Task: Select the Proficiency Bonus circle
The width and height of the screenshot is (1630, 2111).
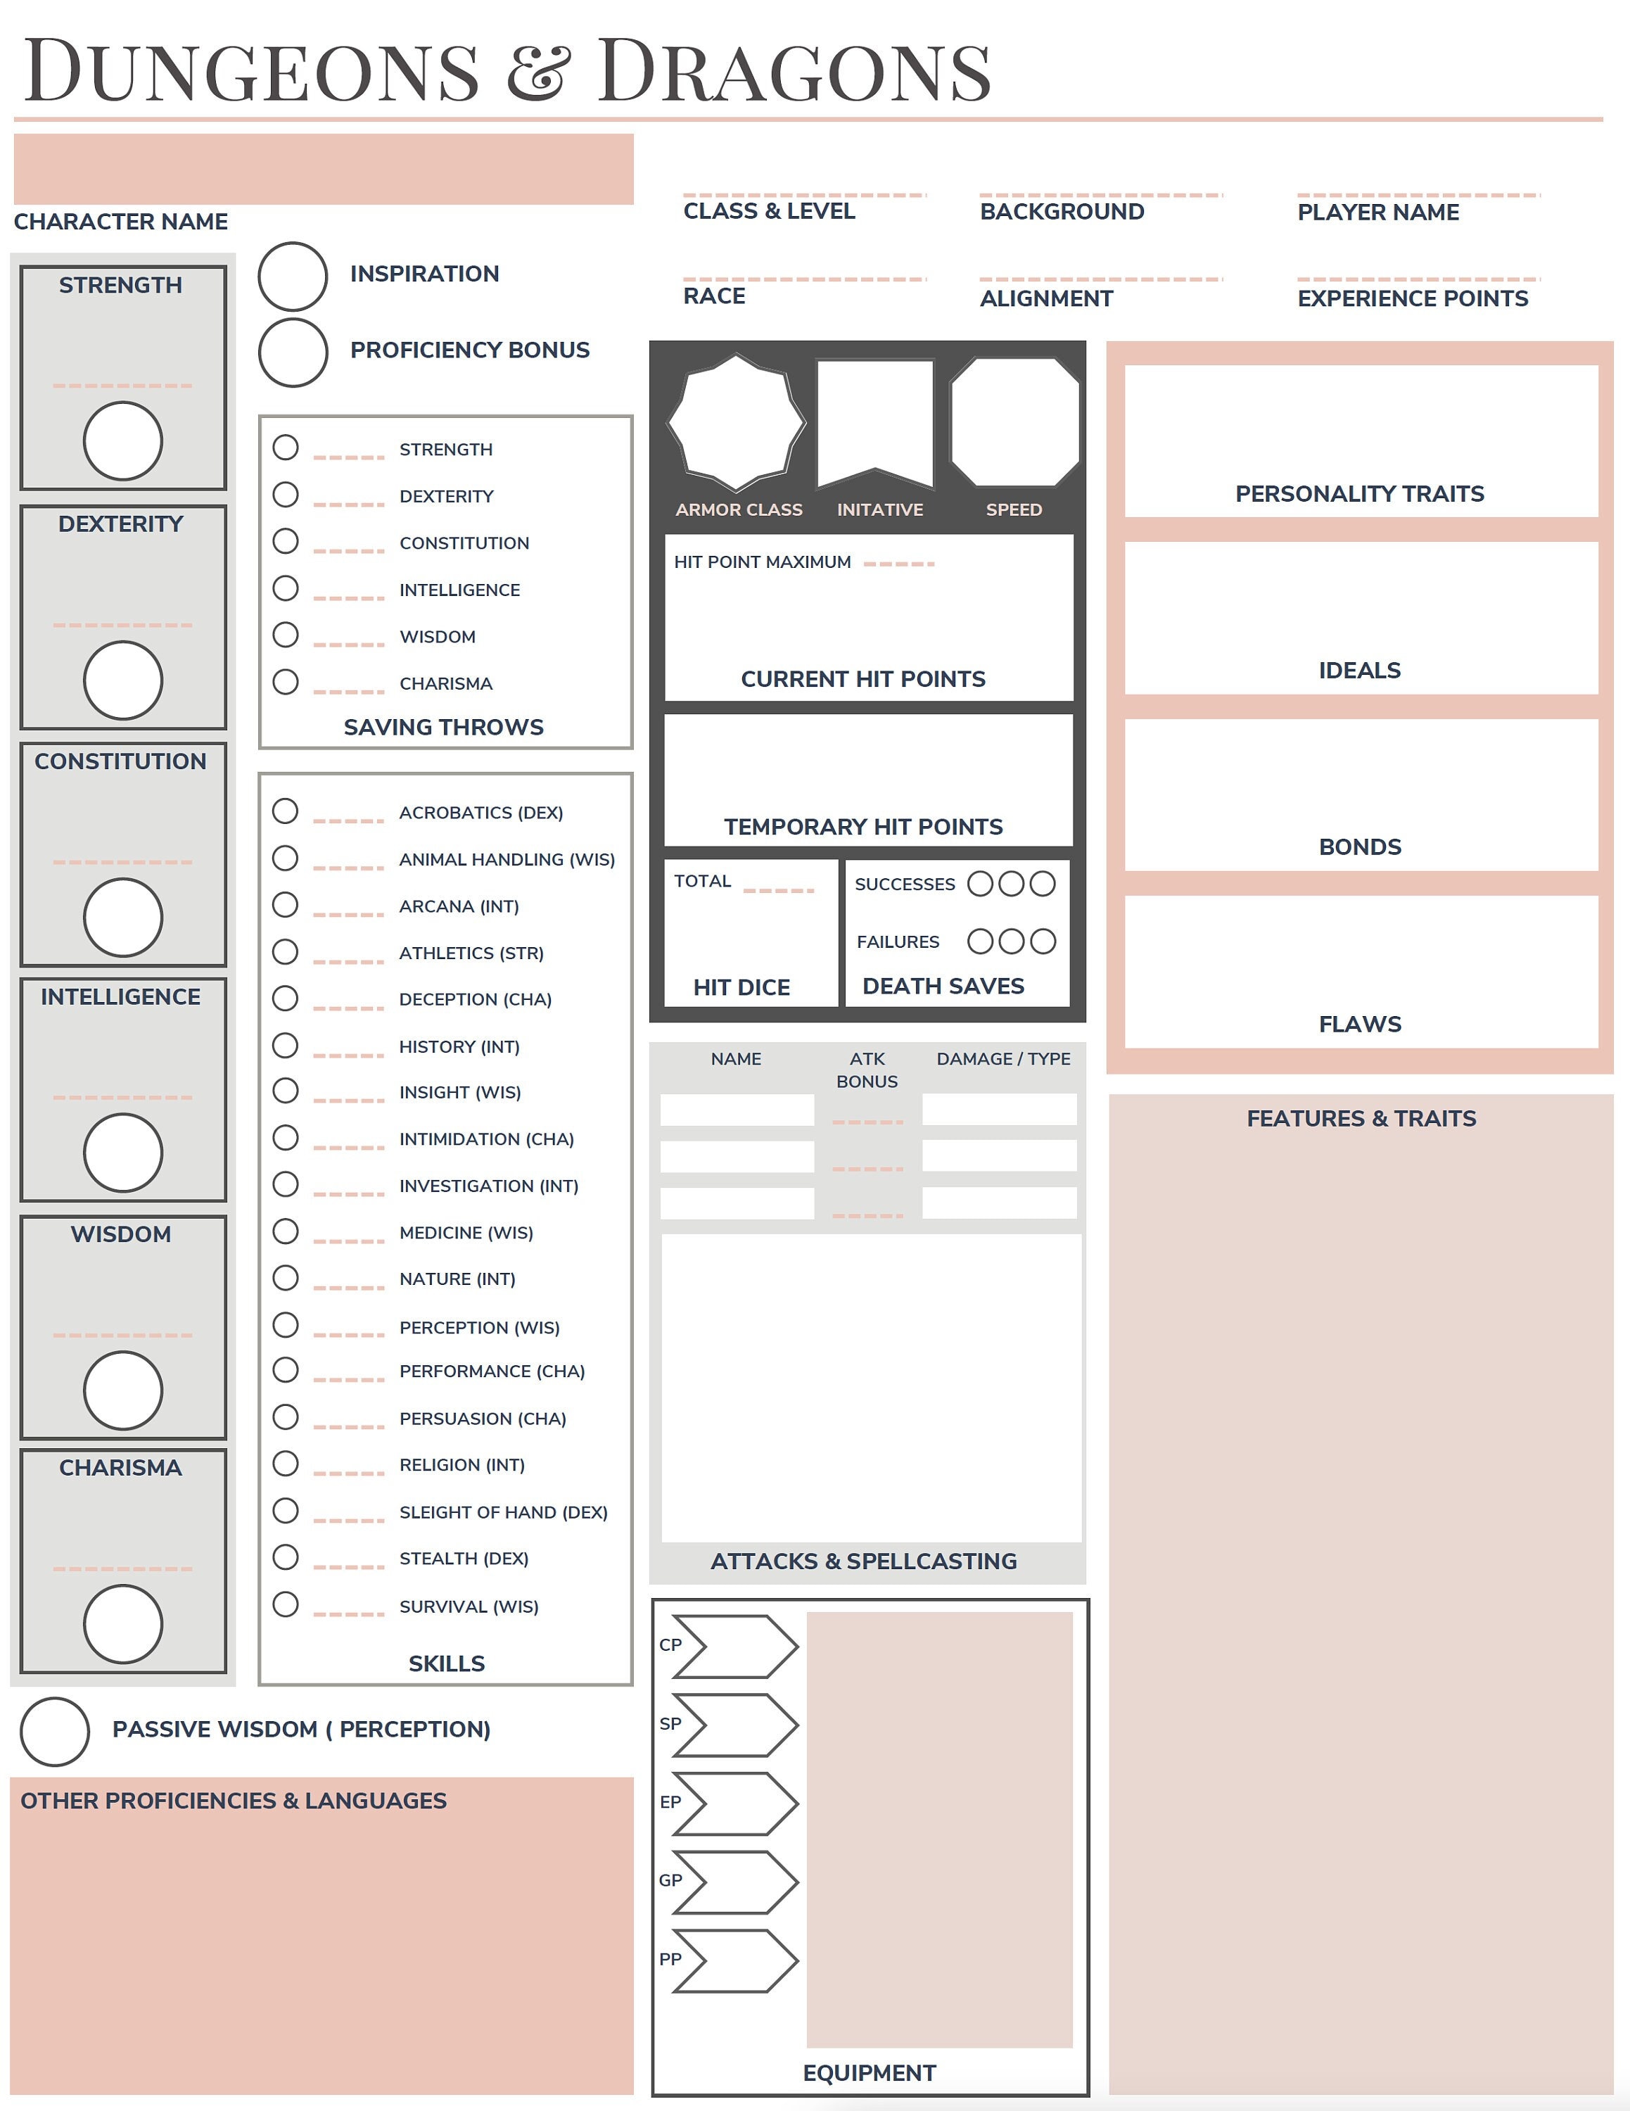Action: (293, 353)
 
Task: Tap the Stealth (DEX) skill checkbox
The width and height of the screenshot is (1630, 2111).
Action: (285, 1557)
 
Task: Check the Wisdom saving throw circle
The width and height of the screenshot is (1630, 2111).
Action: (285, 635)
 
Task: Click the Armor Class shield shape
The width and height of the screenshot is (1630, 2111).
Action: (737, 422)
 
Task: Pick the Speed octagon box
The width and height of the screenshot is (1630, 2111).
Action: (1014, 422)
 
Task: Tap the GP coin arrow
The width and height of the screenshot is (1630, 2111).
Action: (734, 1882)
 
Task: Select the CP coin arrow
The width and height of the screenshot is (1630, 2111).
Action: (734, 1646)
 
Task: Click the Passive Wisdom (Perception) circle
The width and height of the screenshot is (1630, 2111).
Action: (55, 1731)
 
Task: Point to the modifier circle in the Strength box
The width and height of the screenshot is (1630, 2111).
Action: (122, 440)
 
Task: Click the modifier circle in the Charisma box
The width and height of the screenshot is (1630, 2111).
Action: (122, 1624)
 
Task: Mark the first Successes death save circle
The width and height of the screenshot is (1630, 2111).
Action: (980, 883)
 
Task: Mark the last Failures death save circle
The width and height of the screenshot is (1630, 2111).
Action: (1043, 942)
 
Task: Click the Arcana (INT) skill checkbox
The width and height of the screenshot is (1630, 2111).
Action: (285, 905)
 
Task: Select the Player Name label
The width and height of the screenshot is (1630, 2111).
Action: (1378, 213)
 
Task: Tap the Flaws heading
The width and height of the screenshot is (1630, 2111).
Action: (1359, 1024)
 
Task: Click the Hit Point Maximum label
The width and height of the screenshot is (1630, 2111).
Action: (763, 562)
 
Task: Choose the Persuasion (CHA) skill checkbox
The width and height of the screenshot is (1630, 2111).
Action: (285, 1417)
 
